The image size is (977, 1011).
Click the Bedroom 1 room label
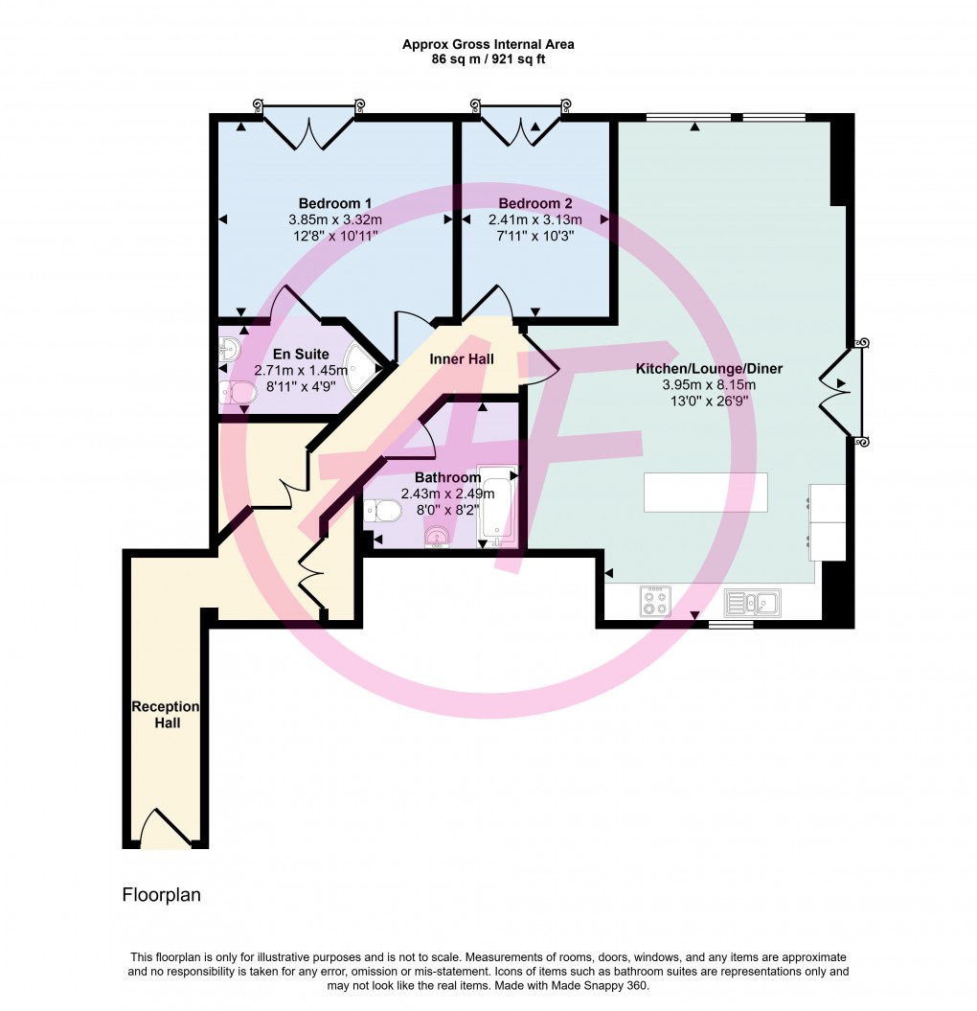335,204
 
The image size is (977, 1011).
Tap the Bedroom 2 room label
534,204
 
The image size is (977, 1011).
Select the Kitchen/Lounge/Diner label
709,369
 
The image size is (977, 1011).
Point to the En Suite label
301,354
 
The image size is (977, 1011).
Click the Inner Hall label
462,359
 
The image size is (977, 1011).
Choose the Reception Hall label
166,715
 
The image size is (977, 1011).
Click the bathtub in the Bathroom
497,506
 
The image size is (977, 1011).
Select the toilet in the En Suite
237,392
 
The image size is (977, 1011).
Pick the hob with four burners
655,602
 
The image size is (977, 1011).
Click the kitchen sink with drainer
752,603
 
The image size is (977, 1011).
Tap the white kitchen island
705,492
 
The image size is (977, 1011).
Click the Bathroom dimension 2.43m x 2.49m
448,494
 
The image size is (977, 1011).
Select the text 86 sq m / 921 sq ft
488,59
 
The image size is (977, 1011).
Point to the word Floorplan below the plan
161,895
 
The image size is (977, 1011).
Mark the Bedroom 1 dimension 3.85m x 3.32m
335,219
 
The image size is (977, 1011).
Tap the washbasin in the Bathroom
440,537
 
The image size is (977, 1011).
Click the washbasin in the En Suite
230,352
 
